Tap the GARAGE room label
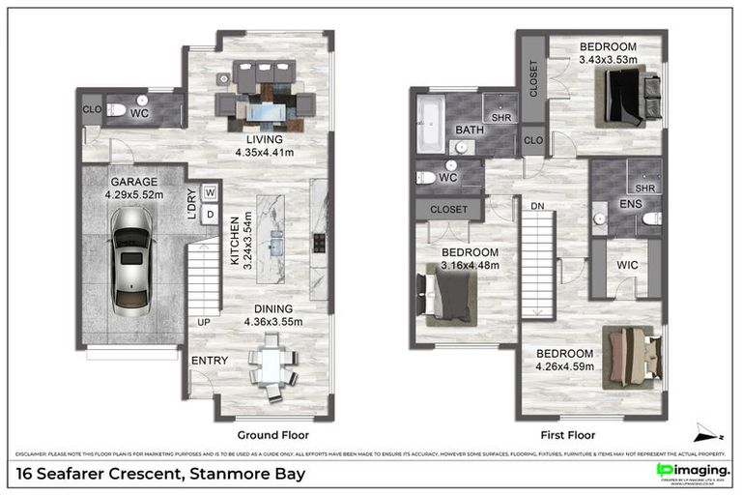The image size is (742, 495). coord(133,181)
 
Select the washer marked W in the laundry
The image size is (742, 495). coord(209,192)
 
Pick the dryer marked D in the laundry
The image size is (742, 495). coord(209,214)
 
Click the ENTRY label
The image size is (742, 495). coord(210,361)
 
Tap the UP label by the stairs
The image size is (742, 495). coord(204,321)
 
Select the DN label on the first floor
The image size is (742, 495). coord(538,204)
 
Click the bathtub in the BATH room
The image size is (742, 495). coord(429,123)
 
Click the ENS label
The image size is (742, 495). coord(604,204)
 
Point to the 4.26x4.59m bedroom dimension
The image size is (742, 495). coord(564,366)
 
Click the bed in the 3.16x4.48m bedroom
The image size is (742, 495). coord(447,294)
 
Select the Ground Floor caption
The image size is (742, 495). coord(272,435)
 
